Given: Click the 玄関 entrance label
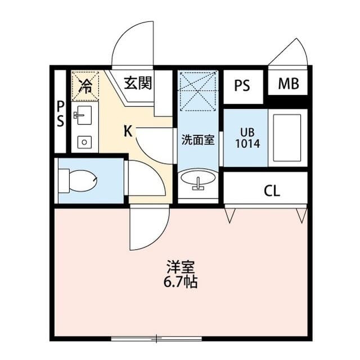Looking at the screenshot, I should click(138, 84).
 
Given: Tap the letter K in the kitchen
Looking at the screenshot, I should click(128, 132).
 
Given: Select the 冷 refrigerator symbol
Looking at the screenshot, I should click(85, 85).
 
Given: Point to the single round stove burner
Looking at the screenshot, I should click(83, 141).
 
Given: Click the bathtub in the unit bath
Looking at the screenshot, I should click(287, 138).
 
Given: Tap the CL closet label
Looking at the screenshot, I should click(271, 191).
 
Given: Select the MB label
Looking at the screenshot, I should click(289, 85).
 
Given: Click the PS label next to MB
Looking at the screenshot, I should click(242, 86).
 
